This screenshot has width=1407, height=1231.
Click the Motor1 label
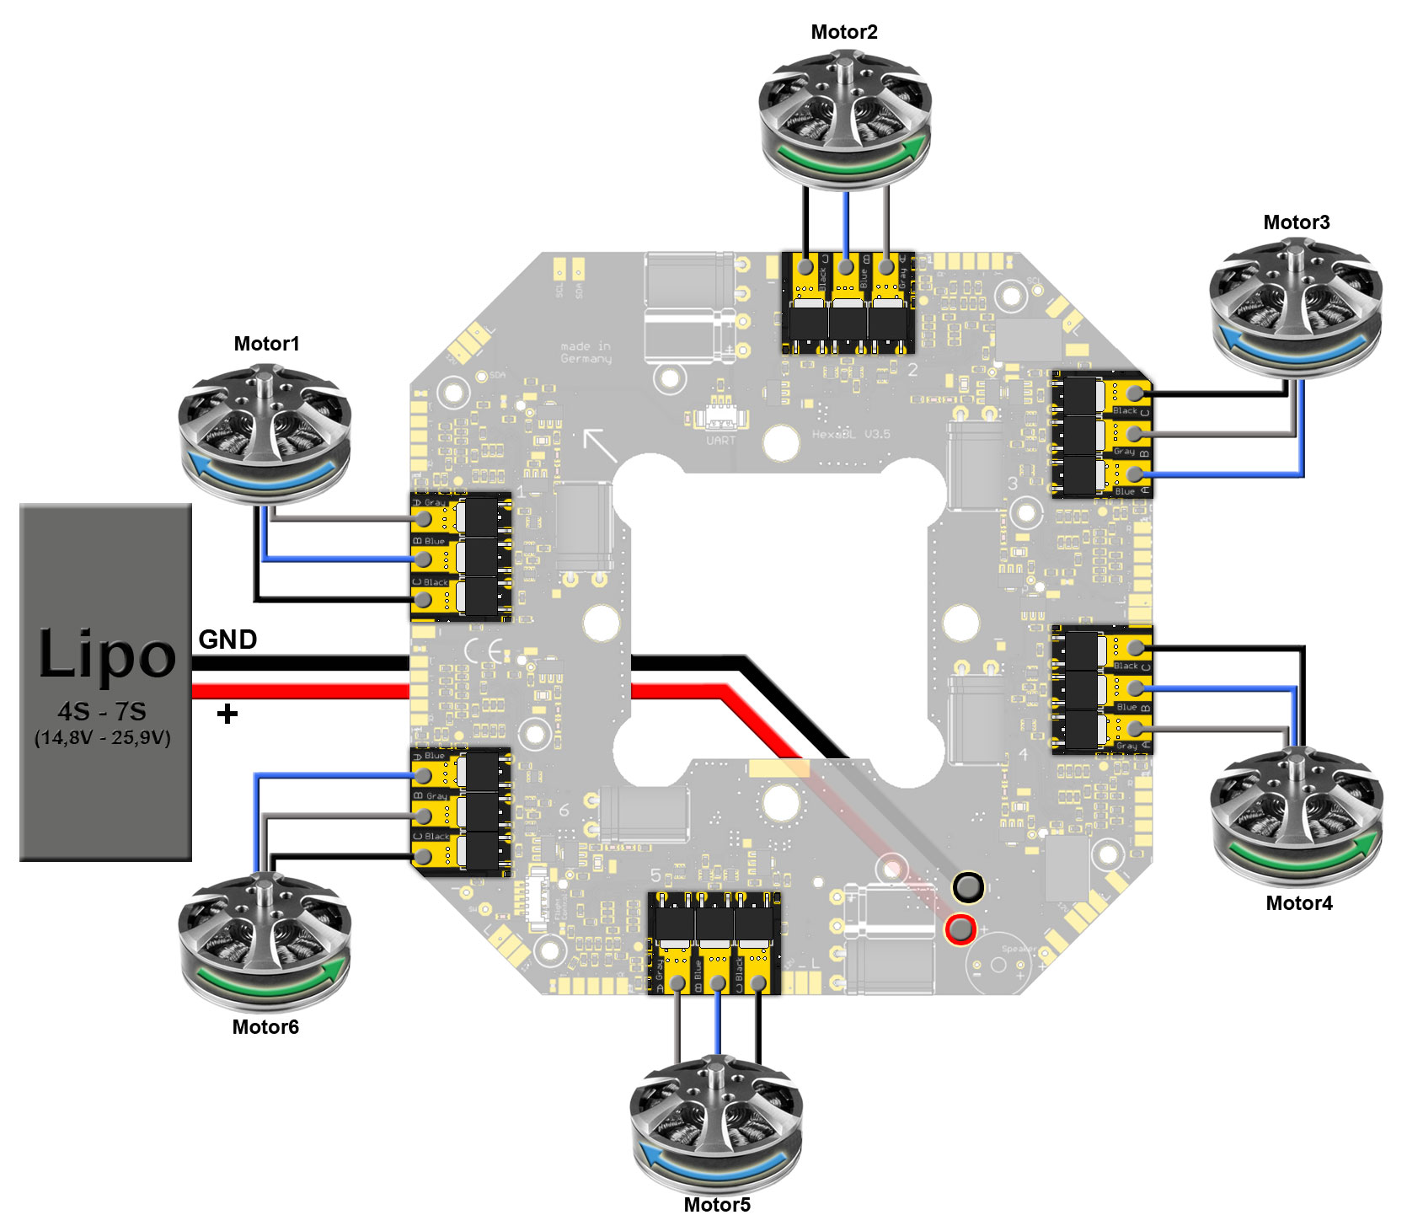click(x=266, y=344)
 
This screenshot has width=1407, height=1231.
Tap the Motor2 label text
click(x=843, y=32)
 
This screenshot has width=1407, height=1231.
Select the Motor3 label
click(x=1296, y=222)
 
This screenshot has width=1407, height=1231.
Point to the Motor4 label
click(x=1298, y=903)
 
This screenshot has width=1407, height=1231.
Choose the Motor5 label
click(x=716, y=1205)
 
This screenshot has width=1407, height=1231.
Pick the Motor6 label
click(x=265, y=1027)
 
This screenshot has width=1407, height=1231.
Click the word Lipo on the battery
click(x=107, y=654)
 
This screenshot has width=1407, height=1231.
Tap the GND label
click(x=227, y=640)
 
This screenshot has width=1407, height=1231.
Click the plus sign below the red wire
click(x=227, y=715)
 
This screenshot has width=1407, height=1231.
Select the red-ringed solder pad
click(x=960, y=929)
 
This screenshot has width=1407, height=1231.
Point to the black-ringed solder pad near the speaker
click(x=967, y=887)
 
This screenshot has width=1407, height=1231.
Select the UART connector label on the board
click(x=720, y=440)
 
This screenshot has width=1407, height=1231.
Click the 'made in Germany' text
click(x=586, y=352)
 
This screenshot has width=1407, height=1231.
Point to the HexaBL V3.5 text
click(x=850, y=434)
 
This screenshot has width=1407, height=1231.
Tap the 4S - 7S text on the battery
click(x=102, y=711)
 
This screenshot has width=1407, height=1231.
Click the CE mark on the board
click(x=484, y=651)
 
